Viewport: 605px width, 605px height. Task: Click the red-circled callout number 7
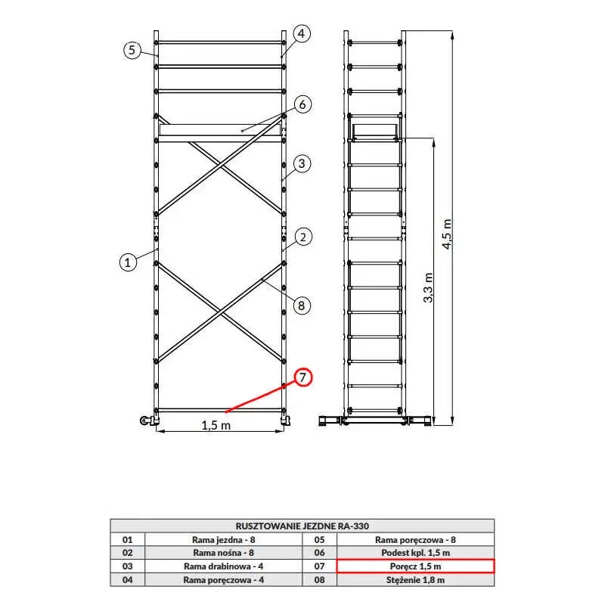pyautogui.click(x=303, y=377)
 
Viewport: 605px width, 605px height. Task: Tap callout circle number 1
pyautogui.click(x=128, y=262)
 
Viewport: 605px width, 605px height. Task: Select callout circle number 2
pyautogui.click(x=303, y=237)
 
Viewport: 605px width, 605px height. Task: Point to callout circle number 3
pyautogui.click(x=302, y=163)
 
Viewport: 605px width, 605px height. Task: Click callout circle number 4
pyautogui.click(x=301, y=33)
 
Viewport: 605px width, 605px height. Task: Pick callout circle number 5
pyautogui.click(x=132, y=50)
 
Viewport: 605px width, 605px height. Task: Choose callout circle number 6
pyautogui.click(x=302, y=104)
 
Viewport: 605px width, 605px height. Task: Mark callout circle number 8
pyautogui.click(x=302, y=306)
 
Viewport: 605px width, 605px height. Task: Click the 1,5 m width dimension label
pyautogui.click(x=216, y=425)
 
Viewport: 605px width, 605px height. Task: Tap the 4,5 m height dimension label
pyautogui.click(x=447, y=234)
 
